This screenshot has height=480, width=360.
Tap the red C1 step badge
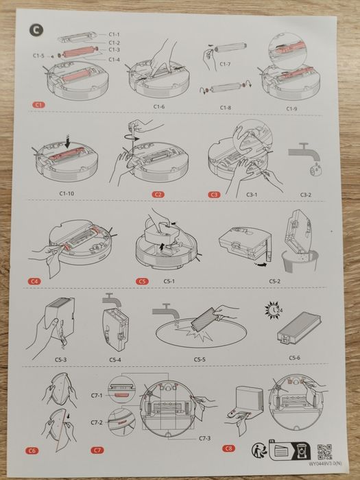[40, 104]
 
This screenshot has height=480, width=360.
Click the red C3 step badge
[214, 194]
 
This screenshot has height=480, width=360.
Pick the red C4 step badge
[35, 281]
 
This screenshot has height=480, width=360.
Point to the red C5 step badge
[142, 281]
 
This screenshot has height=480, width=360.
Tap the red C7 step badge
[99, 451]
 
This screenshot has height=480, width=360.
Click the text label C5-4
[116, 359]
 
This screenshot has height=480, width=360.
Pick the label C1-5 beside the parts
[38, 55]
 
